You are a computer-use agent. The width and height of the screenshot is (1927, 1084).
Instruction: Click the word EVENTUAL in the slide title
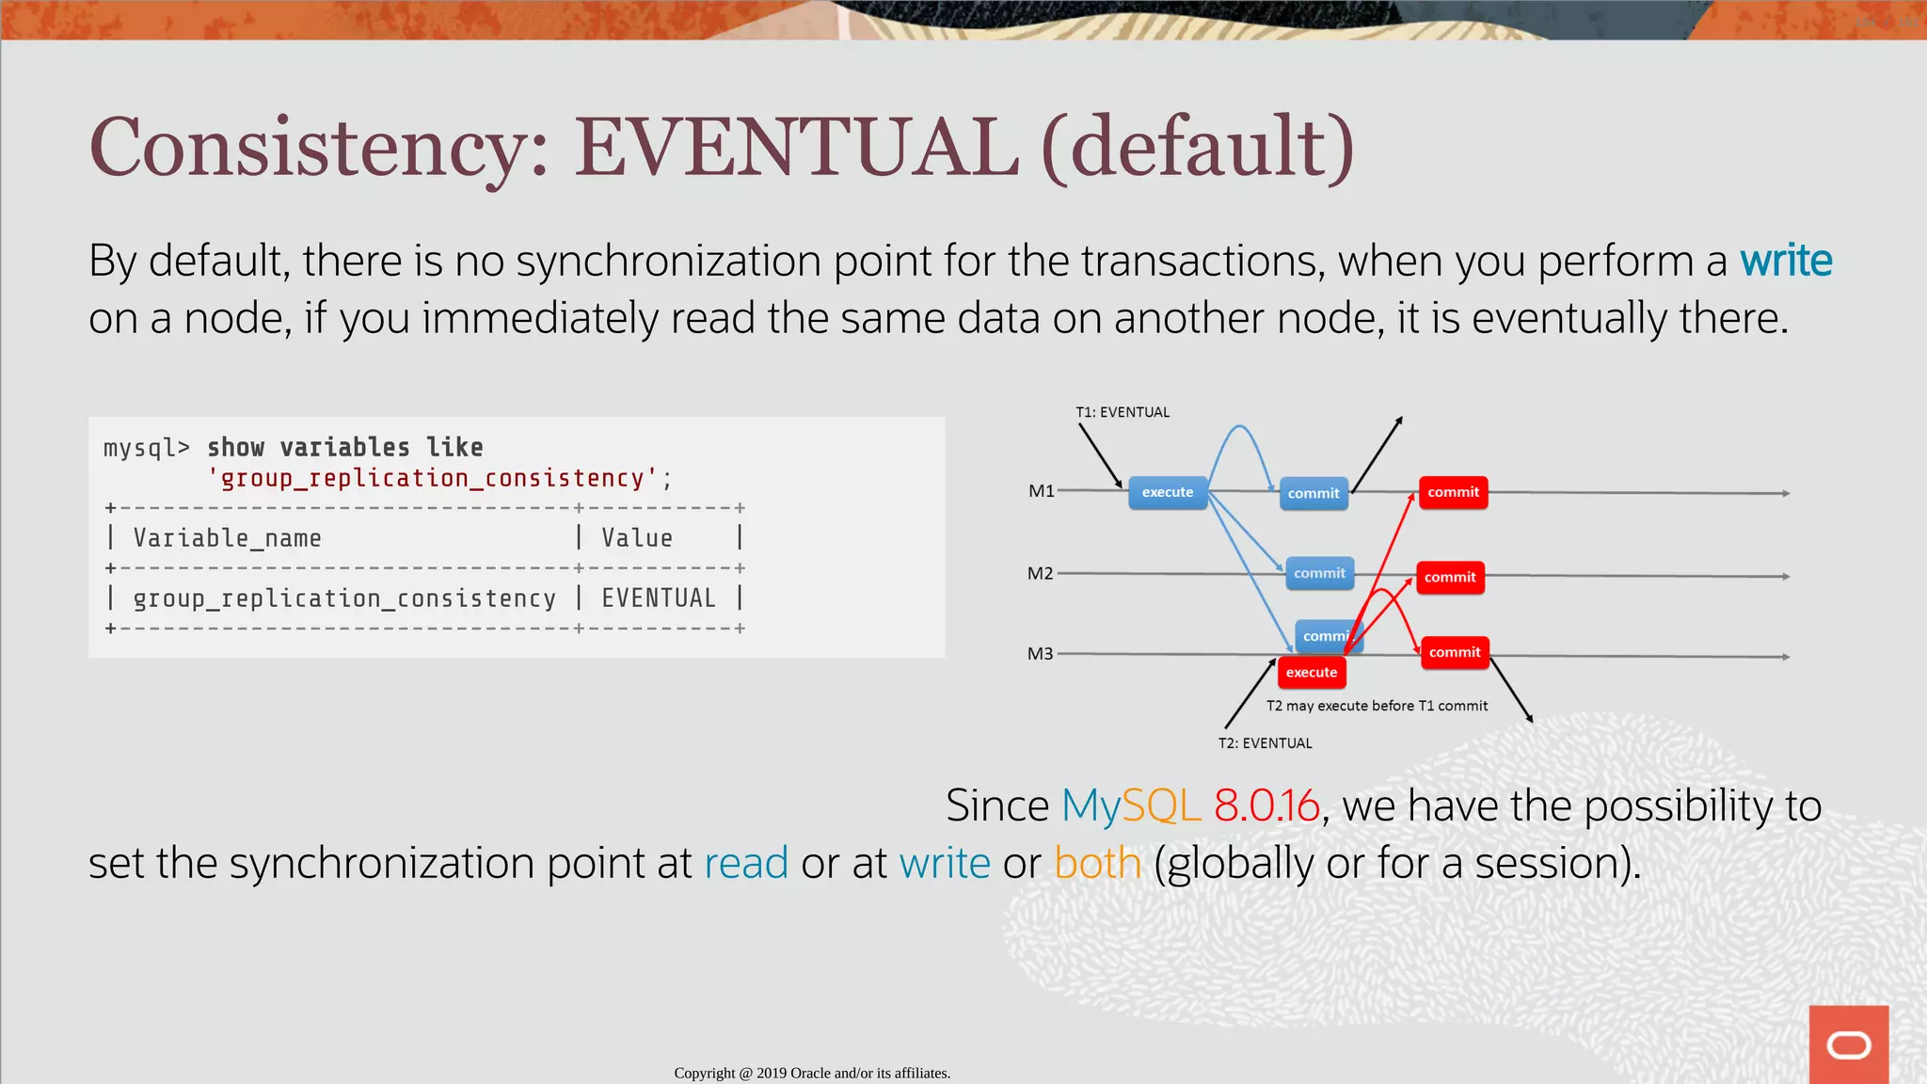796,148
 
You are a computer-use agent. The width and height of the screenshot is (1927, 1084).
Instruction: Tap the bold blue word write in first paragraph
1785,261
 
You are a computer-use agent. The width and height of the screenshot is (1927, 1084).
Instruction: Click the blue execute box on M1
1167,492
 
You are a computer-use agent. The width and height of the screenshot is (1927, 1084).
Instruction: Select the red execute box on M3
1311,673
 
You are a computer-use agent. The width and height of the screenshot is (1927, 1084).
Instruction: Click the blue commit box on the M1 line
1313,493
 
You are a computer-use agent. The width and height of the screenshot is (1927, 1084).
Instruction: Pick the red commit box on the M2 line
1449,578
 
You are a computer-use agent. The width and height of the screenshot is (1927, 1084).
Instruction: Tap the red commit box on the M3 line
1454,652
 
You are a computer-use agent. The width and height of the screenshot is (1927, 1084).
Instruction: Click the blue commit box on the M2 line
1318,573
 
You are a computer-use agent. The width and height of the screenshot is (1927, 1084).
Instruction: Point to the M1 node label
1041,491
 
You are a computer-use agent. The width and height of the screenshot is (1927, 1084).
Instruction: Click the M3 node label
1040,654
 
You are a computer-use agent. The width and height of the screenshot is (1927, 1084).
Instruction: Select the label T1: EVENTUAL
1122,412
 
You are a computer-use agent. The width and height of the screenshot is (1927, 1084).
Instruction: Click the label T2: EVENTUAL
1265,743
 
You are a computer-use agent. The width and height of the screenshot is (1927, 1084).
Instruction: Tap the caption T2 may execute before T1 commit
1376,706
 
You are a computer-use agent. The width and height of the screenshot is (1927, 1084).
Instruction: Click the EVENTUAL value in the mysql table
658,598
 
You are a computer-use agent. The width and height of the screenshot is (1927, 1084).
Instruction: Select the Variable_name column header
227,538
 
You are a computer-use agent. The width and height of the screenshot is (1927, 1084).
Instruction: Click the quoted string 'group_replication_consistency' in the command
432,479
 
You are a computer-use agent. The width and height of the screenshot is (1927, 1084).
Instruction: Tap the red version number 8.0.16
1266,806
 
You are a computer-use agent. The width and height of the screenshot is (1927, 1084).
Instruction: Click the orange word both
1097,864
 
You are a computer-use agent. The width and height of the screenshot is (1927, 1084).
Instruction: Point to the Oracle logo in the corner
1848,1044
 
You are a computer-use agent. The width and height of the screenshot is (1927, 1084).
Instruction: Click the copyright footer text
812,1073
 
